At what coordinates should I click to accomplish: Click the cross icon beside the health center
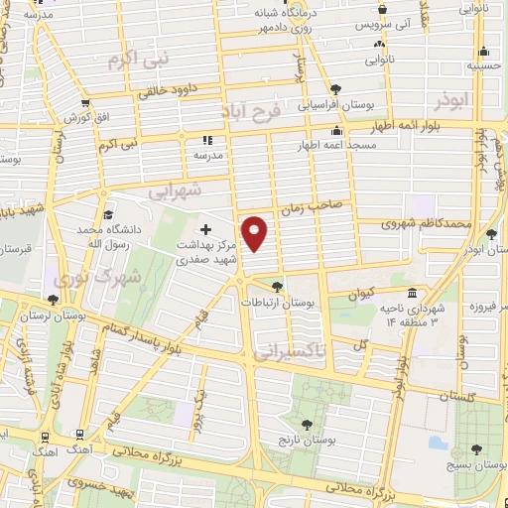(x=205, y=230)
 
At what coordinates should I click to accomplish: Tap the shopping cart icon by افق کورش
(x=87, y=102)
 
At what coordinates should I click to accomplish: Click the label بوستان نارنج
(x=299, y=438)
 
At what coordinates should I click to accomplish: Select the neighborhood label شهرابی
(x=175, y=189)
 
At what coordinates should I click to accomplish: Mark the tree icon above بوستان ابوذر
(x=492, y=233)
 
